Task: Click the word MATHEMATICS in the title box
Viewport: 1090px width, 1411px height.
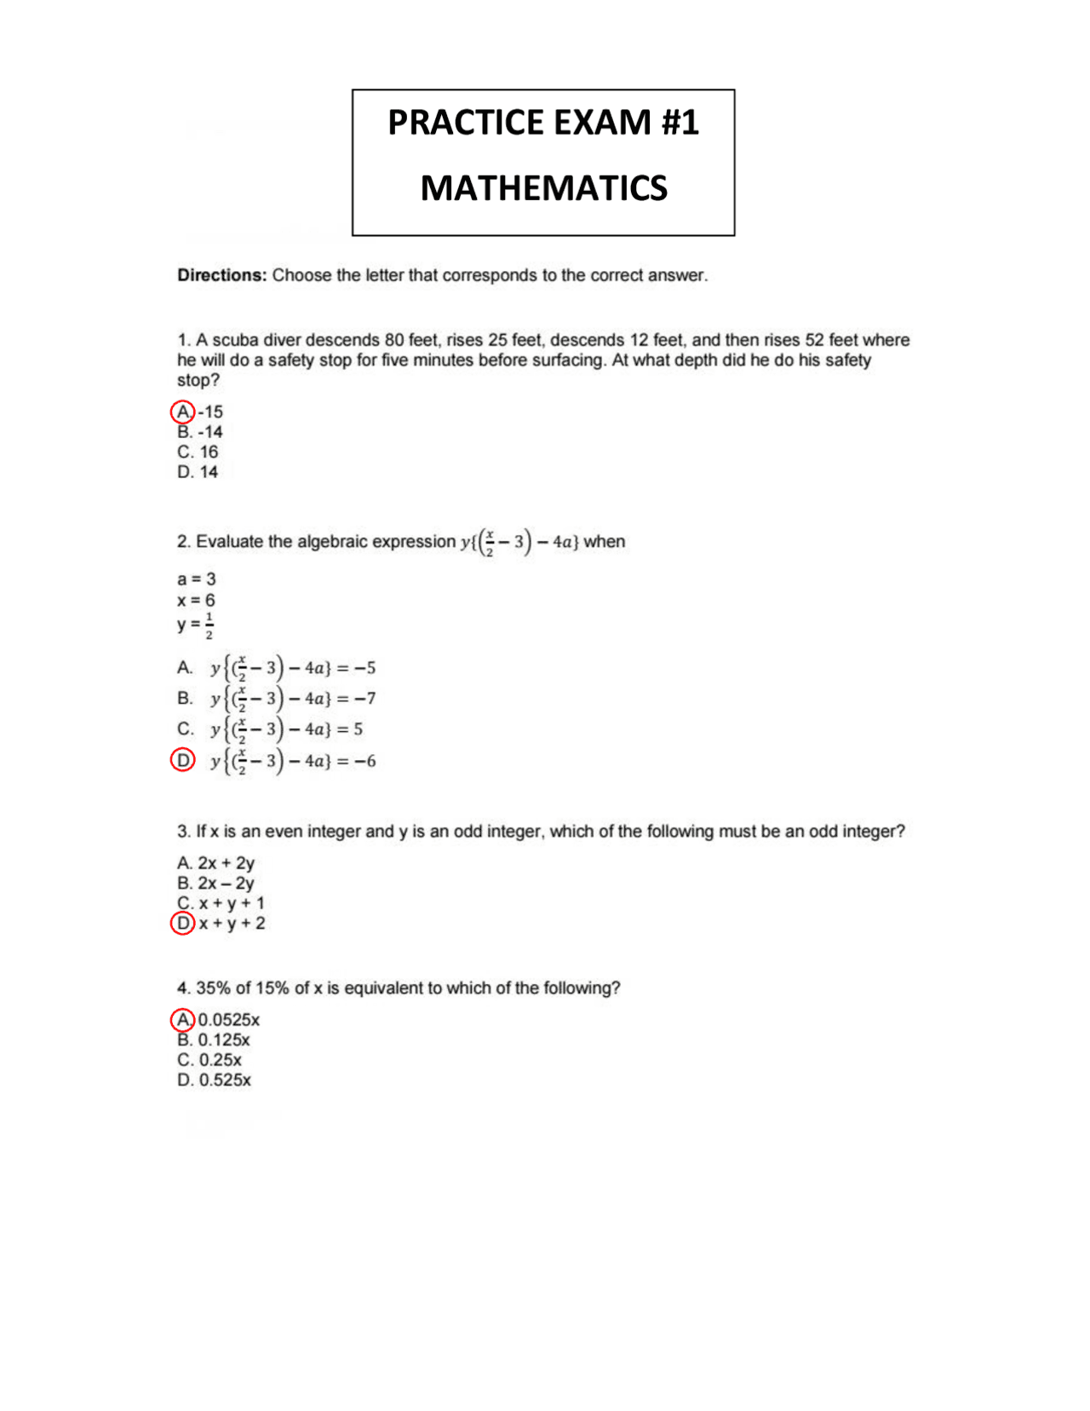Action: [x=543, y=188]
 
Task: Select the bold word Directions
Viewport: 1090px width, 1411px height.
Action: [x=221, y=275]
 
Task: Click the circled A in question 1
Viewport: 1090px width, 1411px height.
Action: [x=183, y=412]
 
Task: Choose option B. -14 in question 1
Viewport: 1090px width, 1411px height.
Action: [x=200, y=432]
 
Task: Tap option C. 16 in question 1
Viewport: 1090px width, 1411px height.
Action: [x=198, y=452]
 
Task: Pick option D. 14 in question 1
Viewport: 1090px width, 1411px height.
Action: [x=198, y=472]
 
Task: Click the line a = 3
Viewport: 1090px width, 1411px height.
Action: [x=196, y=579]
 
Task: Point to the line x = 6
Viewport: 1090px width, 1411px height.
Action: [x=196, y=601]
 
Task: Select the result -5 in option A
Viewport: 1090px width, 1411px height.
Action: [x=365, y=668]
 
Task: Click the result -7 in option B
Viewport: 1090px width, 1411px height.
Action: [x=365, y=699]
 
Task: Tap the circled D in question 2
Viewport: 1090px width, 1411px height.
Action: [x=183, y=760]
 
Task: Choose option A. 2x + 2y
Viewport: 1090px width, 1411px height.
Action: [x=216, y=863]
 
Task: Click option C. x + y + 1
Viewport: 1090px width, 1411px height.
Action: [x=221, y=903]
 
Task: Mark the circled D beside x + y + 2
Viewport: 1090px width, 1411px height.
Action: [x=183, y=924]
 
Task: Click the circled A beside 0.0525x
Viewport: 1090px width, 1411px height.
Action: [x=183, y=1020]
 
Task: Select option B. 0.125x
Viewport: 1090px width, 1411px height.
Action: [x=214, y=1040]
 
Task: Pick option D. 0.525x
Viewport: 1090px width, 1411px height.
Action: [x=215, y=1080]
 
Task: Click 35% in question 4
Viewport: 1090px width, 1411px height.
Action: [x=213, y=988]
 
